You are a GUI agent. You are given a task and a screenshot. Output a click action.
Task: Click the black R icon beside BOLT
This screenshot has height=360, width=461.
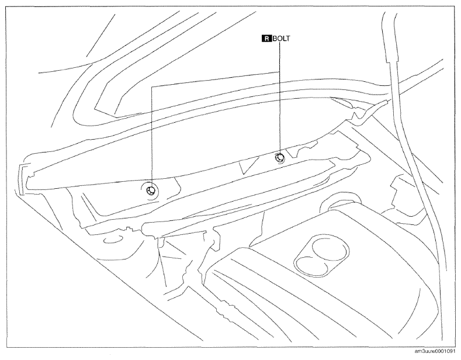click(x=266, y=39)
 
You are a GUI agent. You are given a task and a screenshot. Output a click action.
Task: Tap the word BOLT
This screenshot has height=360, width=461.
click(x=281, y=39)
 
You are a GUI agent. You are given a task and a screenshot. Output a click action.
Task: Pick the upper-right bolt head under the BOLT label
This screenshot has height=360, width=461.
click(x=279, y=158)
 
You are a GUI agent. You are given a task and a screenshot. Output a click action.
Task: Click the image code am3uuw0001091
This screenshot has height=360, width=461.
click(x=437, y=351)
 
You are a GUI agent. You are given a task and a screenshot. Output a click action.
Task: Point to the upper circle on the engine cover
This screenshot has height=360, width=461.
click(x=330, y=250)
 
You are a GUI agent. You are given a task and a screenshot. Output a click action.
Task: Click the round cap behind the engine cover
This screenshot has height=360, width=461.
click(x=341, y=203)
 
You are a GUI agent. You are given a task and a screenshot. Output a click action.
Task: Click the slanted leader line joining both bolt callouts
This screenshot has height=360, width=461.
click(x=215, y=79)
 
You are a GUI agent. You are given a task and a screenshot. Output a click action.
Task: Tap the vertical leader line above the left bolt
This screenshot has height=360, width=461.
click(x=152, y=136)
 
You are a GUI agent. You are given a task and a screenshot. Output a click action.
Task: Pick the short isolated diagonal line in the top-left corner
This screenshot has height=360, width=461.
click(x=100, y=34)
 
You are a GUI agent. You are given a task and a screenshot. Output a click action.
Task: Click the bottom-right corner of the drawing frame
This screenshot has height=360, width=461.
click(x=455, y=347)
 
